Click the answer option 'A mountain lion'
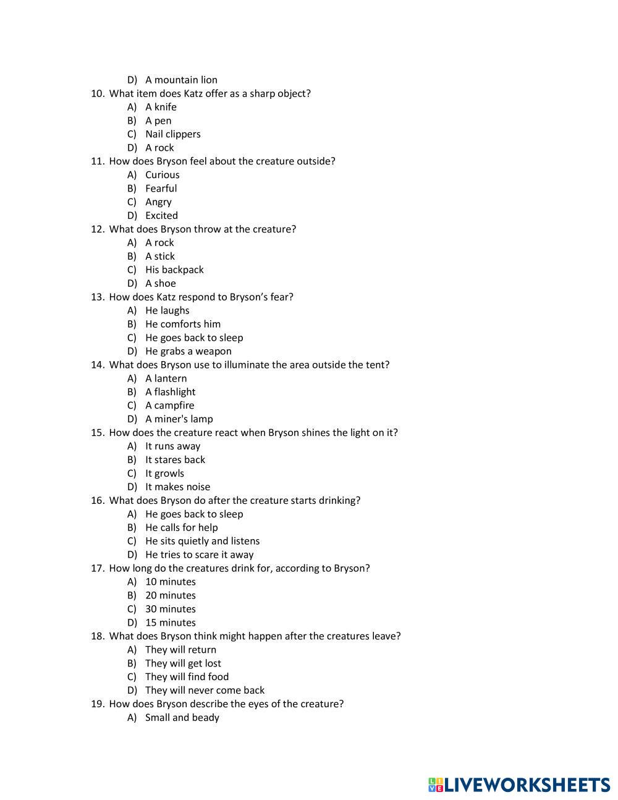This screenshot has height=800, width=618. tap(181, 80)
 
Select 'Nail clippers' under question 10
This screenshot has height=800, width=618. tap(172, 134)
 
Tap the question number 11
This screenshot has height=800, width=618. tap(98, 161)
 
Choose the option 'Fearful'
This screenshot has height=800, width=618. tap(161, 189)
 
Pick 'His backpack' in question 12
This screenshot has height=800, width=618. tap(174, 270)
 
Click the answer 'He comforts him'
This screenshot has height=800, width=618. tap(182, 324)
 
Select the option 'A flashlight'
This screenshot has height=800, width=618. tap(170, 392)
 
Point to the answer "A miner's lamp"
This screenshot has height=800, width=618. tap(179, 419)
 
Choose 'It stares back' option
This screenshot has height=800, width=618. tap(175, 460)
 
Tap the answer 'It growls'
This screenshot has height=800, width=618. tap(164, 474)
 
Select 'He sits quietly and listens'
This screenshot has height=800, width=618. tap(202, 541)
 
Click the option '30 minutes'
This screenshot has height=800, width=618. tap(170, 609)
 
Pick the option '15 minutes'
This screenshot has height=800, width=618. tap(170, 623)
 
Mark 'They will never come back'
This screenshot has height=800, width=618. tap(205, 691)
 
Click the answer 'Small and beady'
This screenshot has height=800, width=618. tap(182, 718)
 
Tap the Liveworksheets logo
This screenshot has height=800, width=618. tap(519, 785)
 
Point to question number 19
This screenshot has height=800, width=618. tap(98, 704)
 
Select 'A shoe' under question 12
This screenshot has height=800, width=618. tap(160, 283)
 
